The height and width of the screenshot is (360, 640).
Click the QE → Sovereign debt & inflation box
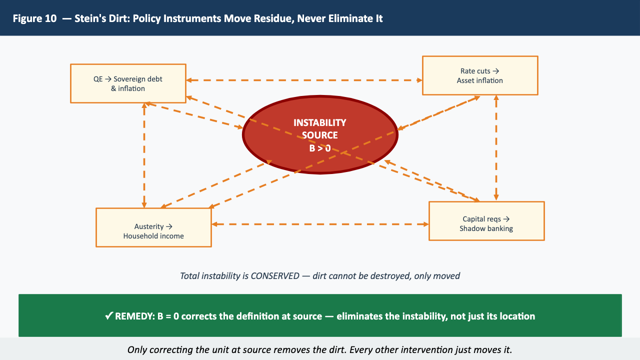[128, 83]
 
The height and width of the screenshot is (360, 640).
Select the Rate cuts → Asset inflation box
[480, 75]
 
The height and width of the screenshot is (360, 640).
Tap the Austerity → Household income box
[153, 227]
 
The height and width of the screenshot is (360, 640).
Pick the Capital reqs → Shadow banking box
[486, 221]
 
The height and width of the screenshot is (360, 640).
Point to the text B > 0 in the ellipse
[319, 148]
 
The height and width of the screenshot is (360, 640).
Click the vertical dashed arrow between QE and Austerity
[144, 155]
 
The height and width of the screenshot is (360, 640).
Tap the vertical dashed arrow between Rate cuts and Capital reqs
[496, 148]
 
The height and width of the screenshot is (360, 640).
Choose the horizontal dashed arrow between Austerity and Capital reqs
[320, 224]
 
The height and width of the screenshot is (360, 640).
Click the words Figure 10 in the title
[34, 18]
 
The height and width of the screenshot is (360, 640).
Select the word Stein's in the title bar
[90, 18]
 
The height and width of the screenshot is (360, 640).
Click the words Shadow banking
[486, 228]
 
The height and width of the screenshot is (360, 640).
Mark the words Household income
[153, 236]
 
